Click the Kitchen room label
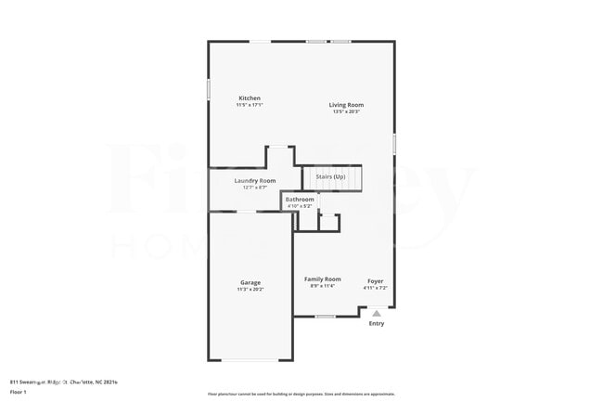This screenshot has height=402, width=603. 250,97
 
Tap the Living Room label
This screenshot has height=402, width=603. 346,105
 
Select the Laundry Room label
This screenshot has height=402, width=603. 255,180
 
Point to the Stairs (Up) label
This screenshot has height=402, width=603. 330,175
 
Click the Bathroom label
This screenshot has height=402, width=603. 300,199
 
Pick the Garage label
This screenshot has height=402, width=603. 250,282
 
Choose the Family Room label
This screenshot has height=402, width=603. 323,279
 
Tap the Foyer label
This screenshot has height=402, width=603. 375,280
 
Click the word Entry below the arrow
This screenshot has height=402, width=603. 377,323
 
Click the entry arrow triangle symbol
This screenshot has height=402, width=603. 377,314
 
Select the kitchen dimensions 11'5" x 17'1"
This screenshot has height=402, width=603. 250,105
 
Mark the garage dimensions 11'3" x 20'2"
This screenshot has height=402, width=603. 250,289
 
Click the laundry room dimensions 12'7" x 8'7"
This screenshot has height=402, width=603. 255,187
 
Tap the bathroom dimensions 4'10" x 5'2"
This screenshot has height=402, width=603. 300,205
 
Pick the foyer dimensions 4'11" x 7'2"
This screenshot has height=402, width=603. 375,287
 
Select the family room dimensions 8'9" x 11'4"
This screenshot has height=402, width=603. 323,286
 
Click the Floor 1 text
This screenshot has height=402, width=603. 17,393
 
